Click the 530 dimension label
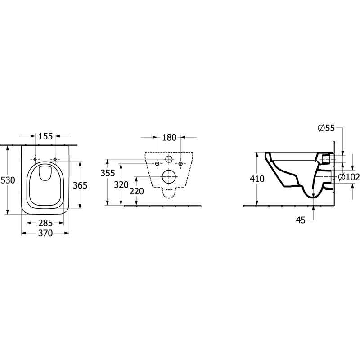coord(8,180)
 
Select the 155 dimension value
coord(45,136)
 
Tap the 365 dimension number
coord(80,185)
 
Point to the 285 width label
coord(45,223)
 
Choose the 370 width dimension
coord(45,233)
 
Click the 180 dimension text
coord(169,138)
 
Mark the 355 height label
coord(108,173)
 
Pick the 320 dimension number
coord(121,184)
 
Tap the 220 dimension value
coord(137,191)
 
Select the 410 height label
coord(257,179)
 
